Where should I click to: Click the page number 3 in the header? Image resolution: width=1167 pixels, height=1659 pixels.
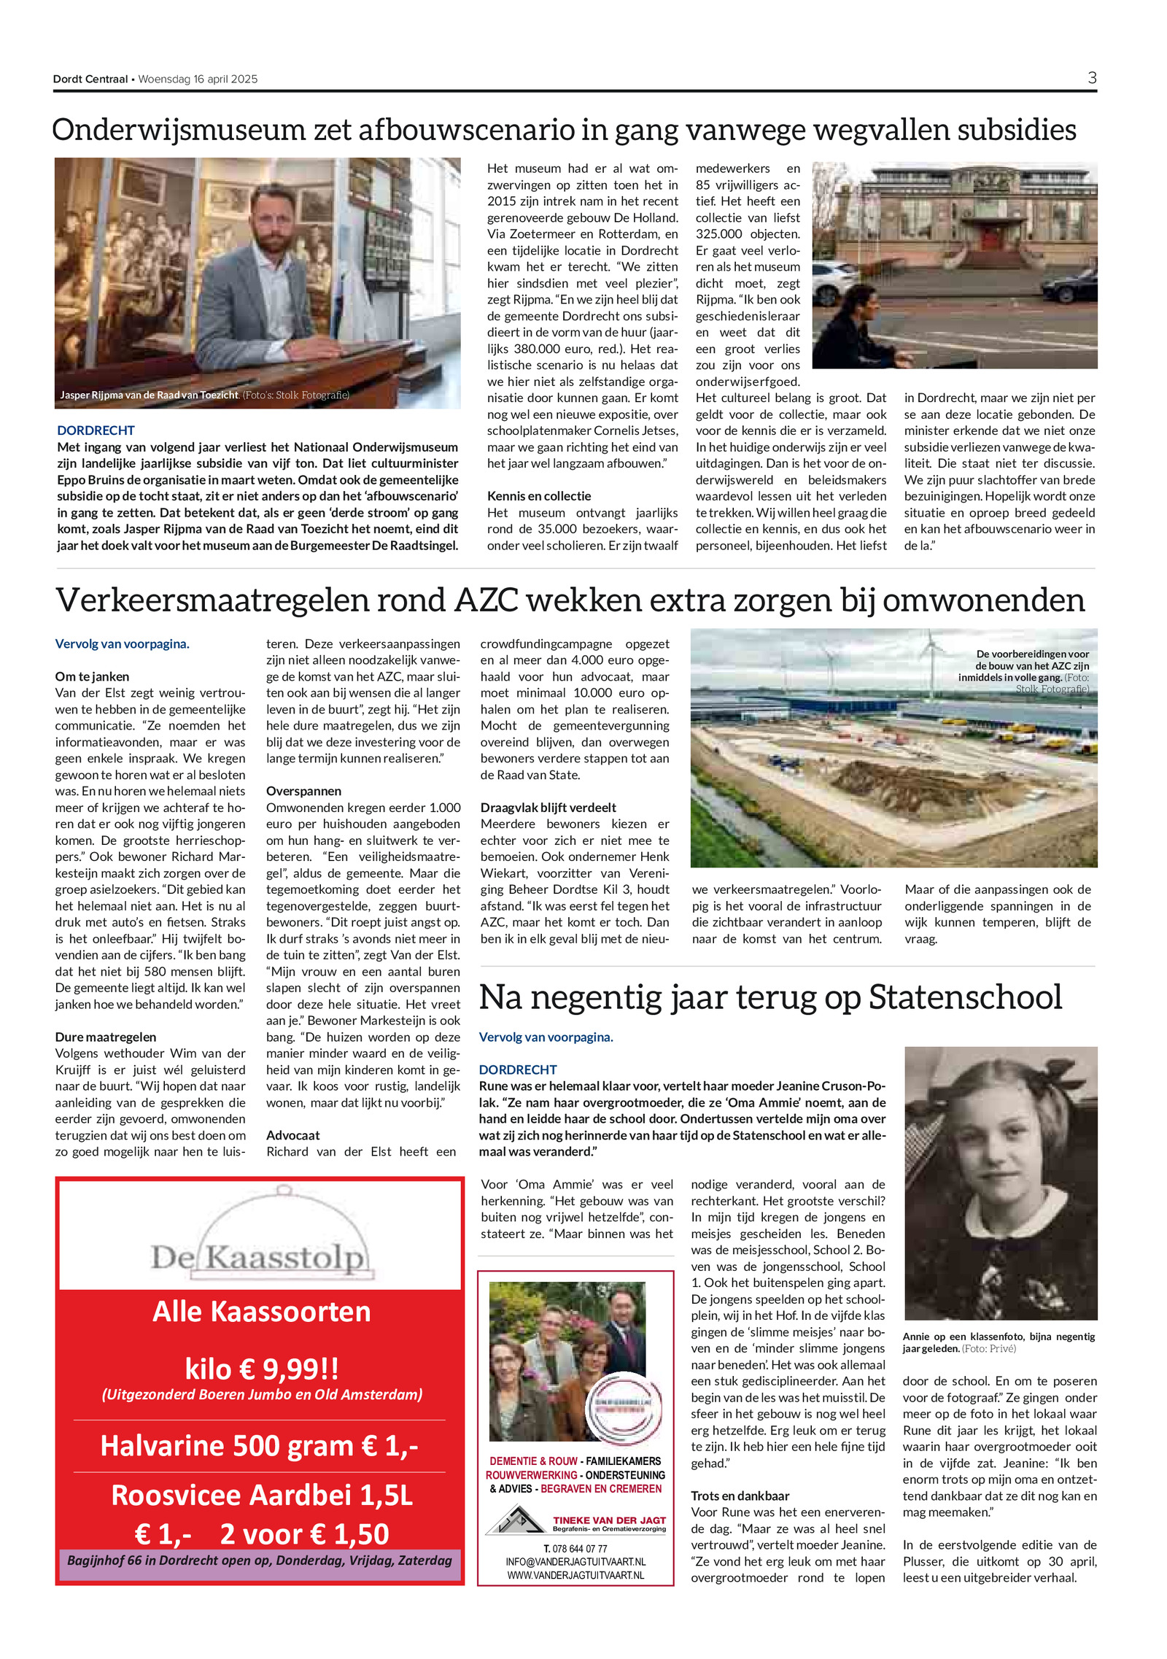coord(1091,78)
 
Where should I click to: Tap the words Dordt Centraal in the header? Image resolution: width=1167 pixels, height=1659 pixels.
coord(90,79)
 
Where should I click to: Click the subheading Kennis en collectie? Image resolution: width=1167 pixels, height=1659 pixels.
coord(538,496)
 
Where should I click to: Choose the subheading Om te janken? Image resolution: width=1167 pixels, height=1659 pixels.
coord(92,676)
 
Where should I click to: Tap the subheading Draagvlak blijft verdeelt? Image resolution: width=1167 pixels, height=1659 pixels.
coord(548,808)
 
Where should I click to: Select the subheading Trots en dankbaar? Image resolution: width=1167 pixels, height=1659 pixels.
coord(740,1496)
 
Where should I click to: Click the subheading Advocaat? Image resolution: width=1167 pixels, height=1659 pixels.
coord(292,1135)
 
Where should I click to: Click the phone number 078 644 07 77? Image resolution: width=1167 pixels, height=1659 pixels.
coord(579,1549)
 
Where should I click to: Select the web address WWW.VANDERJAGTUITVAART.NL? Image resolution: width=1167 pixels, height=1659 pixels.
coord(575,1575)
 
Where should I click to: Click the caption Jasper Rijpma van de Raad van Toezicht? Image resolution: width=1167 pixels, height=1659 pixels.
coord(149,395)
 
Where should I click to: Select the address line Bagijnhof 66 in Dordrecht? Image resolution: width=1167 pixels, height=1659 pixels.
coord(259,1561)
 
